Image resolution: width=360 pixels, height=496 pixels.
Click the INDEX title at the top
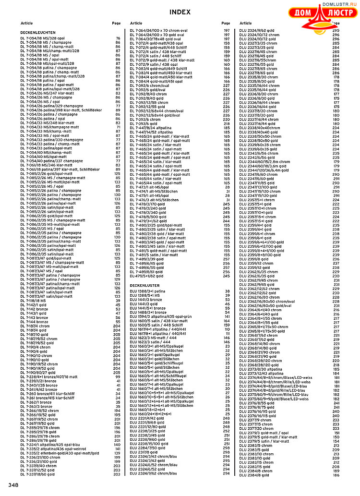[180, 12]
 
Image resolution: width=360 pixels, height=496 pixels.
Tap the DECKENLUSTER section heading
[144, 285]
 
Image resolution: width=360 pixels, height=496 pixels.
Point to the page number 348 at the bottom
[13, 485]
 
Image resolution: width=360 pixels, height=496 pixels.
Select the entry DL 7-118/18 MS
[36, 301]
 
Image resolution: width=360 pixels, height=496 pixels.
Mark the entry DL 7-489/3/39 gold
[150, 259]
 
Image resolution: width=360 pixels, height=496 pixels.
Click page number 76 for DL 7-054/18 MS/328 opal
[118, 38]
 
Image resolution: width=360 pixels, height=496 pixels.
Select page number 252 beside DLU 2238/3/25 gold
[227, 431]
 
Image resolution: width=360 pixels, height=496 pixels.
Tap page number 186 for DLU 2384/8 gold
[336, 475]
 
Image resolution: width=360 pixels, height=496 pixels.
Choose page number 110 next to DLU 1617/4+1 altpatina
[227, 329]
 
